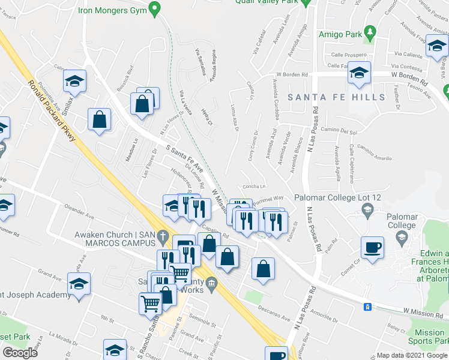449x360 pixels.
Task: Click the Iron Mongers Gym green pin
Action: (x=155, y=10)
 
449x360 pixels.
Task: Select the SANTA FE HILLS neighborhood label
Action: (x=336, y=97)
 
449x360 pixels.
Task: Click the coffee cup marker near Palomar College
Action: (x=372, y=247)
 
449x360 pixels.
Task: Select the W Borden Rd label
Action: (x=291, y=75)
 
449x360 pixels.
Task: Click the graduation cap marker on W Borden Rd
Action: (x=360, y=74)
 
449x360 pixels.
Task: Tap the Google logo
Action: (x=20, y=353)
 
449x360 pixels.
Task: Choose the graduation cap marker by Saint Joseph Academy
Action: (x=79, y=283)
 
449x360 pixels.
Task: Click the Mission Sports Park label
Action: (x=430, y=337)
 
